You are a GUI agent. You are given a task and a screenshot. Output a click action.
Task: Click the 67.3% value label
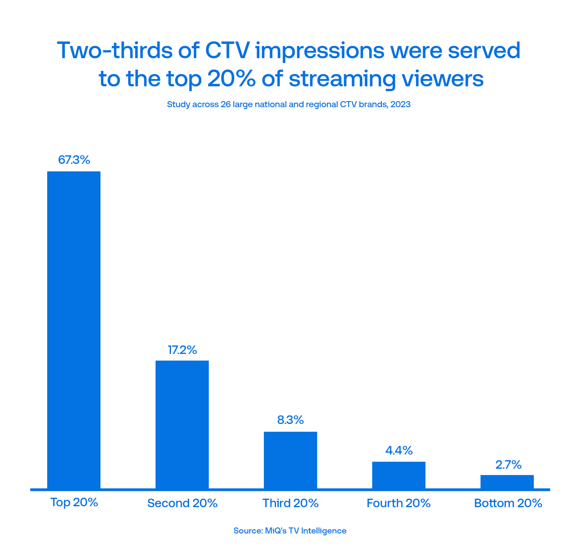(74, 160)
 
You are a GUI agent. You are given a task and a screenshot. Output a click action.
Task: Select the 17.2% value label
(182, 350)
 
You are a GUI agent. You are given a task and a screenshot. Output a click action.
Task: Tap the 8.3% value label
(290, 420)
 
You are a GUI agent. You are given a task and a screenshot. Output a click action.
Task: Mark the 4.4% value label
(399, 450)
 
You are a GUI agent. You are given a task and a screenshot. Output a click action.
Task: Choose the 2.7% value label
(508, 465)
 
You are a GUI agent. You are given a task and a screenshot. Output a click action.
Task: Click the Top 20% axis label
(74, 502)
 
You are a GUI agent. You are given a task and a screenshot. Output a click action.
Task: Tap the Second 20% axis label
(182, 503)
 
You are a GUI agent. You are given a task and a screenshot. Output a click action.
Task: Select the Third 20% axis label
(290, 503)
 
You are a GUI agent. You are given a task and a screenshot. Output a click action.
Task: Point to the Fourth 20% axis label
(398, 503)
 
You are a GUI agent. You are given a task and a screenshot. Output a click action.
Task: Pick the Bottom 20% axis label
(508, 503)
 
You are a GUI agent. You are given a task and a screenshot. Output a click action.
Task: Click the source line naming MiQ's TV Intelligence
(290, 531)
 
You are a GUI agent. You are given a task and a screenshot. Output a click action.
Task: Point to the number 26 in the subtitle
(226, 104)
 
